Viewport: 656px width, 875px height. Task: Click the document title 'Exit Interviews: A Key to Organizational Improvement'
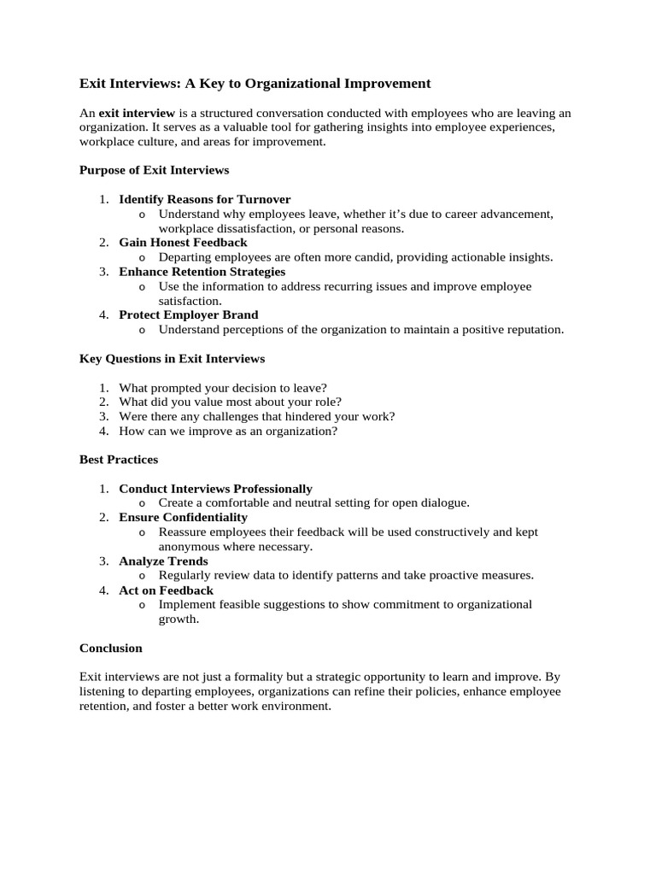tap(255, 84)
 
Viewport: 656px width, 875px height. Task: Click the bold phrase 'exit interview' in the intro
tap(137, 113)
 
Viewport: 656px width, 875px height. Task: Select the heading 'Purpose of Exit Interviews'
tap(154, 170)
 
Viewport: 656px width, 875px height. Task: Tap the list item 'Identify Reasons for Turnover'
tap(204, 199)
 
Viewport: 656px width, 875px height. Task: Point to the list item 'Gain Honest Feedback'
tap(183, 243)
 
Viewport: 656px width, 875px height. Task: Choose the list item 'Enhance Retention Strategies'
tap(202, 272)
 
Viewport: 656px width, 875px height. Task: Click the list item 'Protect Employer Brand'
tap(188, 314)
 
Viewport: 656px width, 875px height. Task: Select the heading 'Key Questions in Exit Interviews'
tap(172, 358)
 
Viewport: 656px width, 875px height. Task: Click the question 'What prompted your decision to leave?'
tap(223, 387)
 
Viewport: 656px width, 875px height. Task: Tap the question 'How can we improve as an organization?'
tap(228, 431)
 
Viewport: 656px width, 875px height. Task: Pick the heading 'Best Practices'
tap(119, 460)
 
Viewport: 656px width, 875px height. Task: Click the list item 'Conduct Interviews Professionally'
tap(215, 489)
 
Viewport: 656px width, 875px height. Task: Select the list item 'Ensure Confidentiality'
tap(183, 517)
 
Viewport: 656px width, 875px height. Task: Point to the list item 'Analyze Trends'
tap(163, 561)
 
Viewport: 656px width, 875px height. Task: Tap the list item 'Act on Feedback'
tap(166, 590)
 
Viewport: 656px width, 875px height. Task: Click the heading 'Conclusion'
tap(111, 648)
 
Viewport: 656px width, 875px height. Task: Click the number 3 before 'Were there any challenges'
tap(102, 416)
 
